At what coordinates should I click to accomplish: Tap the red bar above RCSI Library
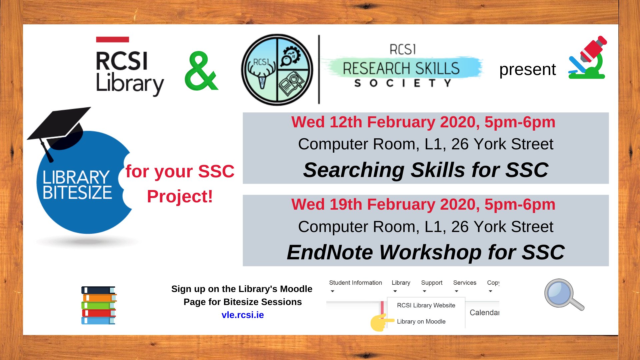(x=112, y=39)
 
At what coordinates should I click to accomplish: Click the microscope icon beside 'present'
(x=587, y=58)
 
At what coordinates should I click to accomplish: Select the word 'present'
(x=527, y=70)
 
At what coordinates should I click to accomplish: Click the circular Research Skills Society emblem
(x=277, y=70)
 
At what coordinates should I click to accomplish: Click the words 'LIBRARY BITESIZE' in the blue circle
(x=77, y=185)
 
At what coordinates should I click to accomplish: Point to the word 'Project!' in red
(x=180, y=196)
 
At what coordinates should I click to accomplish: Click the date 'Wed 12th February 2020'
(x=385, y=122)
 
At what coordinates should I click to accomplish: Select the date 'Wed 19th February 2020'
(x=385, y=204)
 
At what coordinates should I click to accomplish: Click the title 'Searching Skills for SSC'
(x=426, y=170)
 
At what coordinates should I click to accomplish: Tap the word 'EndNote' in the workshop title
(x=330, y=252)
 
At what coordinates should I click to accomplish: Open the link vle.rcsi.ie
(x=243, y=315)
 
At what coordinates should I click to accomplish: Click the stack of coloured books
(x=99, y=305)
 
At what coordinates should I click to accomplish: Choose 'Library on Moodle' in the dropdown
(x=421, y=321)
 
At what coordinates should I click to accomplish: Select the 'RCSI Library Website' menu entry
(x=426, y=305)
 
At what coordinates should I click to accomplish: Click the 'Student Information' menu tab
(x=355, y=283)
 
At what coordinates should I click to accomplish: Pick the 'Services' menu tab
(x=465, y=283)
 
